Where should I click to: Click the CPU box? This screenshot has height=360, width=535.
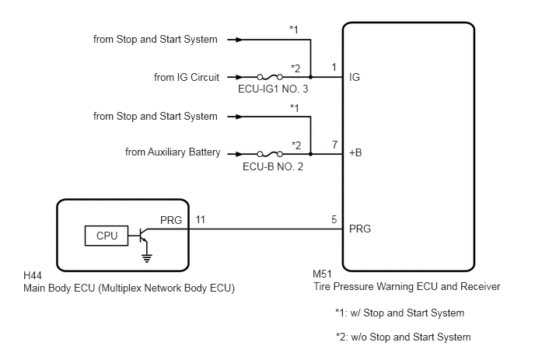click(x=107, y=236)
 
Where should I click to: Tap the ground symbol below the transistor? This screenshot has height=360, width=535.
click(x=147, y=258)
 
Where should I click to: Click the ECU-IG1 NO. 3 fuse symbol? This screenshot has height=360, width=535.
click(x=270, y=77)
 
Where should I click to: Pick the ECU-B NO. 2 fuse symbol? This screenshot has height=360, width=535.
click(x=270, y=154)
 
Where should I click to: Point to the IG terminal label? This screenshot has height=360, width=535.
click(x=355, y=77)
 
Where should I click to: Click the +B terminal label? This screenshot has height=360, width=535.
click(x=355, y=152)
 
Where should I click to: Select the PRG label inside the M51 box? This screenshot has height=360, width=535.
click(x=360, y=229)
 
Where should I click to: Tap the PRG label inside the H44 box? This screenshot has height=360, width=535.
click(x=171, y=221)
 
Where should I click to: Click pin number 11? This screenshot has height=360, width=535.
click(x=201, y=219)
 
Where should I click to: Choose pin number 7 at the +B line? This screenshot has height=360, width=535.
click(x=334, y=145)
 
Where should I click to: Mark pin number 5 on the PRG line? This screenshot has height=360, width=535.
click(x=334, y=219)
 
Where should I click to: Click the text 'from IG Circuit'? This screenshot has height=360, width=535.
click(x=187, y=77)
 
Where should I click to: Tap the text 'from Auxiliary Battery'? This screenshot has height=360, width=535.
click(x=173, y=152)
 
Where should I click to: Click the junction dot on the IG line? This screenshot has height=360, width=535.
click(x=310, y=77)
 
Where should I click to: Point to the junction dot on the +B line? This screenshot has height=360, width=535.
click(x=310, y=154)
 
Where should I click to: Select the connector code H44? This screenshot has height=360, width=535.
click(x=33, y=275)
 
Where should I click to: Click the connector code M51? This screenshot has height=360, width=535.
click(x=322, y=274)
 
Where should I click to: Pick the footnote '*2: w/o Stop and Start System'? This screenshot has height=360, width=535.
click(x=404, y=337)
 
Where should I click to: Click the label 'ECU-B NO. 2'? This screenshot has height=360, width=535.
click(x=273, y=166)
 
